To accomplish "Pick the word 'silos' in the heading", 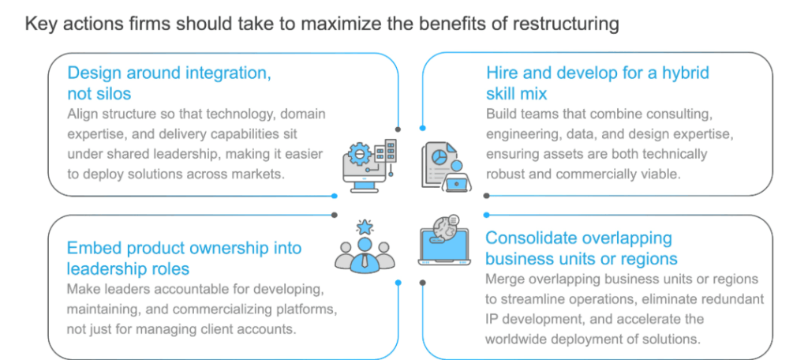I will click(x=110, y=94).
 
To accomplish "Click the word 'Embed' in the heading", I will click(x=93, y=248).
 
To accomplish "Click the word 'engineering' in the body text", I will click(x=526, y=133).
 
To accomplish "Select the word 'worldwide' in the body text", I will click(x=522, y=339).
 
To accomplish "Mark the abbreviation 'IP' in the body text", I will click(x=492, y=319).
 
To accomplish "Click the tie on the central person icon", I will click(x=365, y=258).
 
